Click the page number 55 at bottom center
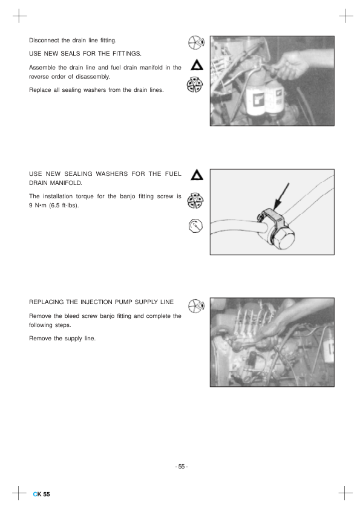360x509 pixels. tap(182, 467)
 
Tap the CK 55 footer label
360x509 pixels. tap(41, 494)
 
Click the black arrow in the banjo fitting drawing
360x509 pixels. tap(281, 196)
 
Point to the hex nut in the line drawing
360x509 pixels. tap(282, 237)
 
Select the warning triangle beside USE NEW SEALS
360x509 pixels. tap(197, 65)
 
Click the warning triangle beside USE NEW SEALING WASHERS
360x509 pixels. tap(197, 175)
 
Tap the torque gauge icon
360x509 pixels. tap(195, 225)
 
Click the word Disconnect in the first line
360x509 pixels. tap(44, 41)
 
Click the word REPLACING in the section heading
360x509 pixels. tap(46, 302)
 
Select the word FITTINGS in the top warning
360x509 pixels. tap(127, 54)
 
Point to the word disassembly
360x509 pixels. tap(93, 77)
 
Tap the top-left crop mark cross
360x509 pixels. tap(19, 16)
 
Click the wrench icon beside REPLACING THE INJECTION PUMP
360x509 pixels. tap(196, 306)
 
